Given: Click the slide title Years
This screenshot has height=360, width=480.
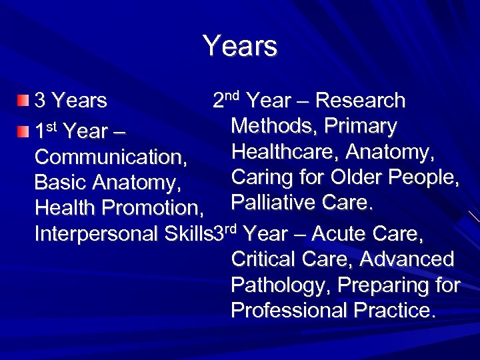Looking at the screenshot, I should point(240,47).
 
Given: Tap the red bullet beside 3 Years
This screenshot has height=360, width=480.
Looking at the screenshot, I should point(24,101).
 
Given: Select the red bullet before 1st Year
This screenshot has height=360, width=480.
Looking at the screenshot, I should point(24,131).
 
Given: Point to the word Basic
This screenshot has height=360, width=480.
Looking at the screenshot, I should point(61,183).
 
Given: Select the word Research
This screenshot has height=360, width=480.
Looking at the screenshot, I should point(360,101).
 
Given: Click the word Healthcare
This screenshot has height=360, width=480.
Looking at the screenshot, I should point(285,153).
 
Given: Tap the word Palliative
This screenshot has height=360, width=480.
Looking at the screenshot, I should point(269,203).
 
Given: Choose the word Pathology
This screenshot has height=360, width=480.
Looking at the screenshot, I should point(281,285).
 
